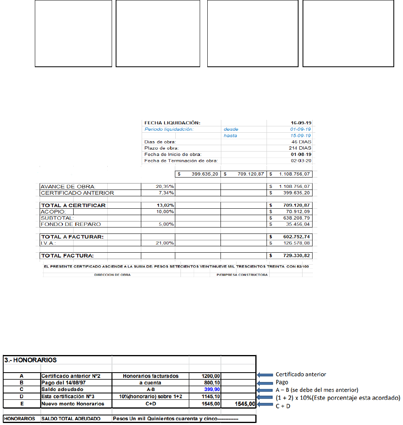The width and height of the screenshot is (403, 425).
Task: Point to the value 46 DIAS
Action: coord(301,142)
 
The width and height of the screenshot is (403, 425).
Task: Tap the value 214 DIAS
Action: coord(300,148)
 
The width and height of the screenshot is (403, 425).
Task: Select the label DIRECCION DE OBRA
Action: coord(112,275)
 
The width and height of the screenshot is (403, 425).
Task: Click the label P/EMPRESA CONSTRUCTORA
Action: coord(242,275)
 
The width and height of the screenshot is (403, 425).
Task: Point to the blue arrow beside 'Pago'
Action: coord(265,382)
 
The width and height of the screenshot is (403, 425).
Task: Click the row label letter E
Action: coord(22,404)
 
